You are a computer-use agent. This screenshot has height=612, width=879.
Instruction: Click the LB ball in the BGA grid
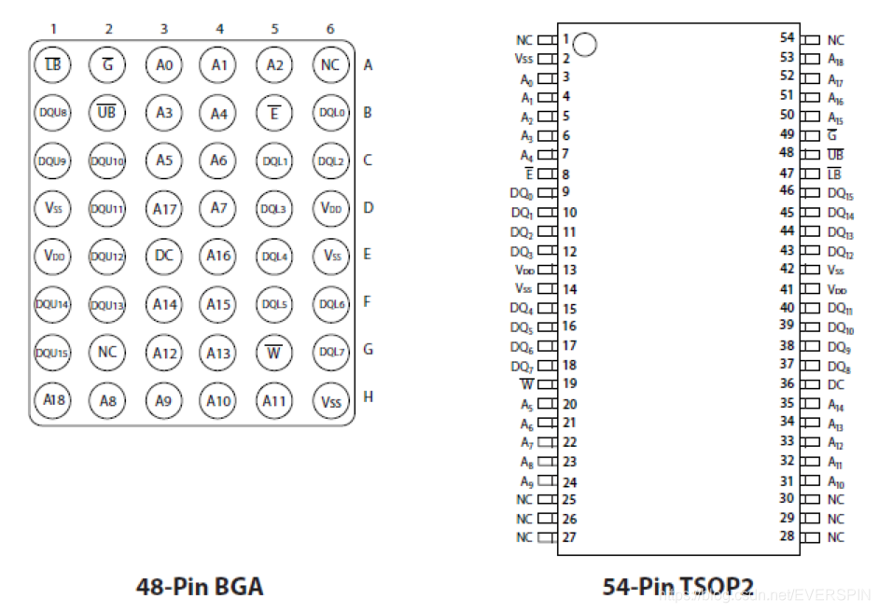[x=52, y=65]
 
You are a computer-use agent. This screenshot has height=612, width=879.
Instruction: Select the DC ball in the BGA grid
[x=164, y=255]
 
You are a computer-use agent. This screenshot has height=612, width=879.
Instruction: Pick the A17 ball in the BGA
[x=164, y=208]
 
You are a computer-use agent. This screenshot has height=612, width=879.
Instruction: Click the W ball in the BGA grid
[x=274, y=353]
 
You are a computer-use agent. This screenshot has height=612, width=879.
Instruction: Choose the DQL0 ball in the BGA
[x=330, y=113]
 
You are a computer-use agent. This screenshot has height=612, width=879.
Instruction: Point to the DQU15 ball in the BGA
[x=52, y=353]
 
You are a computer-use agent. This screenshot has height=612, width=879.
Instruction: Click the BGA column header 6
[x=330, y=29]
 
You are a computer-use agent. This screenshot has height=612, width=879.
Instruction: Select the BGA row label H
[x=368, y=397]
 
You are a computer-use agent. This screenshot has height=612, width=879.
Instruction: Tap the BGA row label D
[x=368, y=207]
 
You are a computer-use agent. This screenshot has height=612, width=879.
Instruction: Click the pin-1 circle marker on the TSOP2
[x=585, y=44]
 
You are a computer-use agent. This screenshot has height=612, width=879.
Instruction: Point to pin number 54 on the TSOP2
[x=787, y=38]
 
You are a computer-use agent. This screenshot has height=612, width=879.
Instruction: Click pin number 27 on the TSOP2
[x=569, y=537]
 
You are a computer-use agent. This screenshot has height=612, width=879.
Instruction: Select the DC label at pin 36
[x=836, y=384]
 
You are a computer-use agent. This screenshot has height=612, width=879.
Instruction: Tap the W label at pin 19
[x=527, y=384]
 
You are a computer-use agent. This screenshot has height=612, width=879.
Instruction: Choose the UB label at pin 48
[x=835, y=153]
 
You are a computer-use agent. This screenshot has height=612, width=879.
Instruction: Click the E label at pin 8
[x=529, y=174]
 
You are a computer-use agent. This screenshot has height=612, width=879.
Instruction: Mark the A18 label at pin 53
[x=835, y=59]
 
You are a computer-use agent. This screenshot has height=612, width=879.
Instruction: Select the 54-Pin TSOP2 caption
[x=677, y=586]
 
